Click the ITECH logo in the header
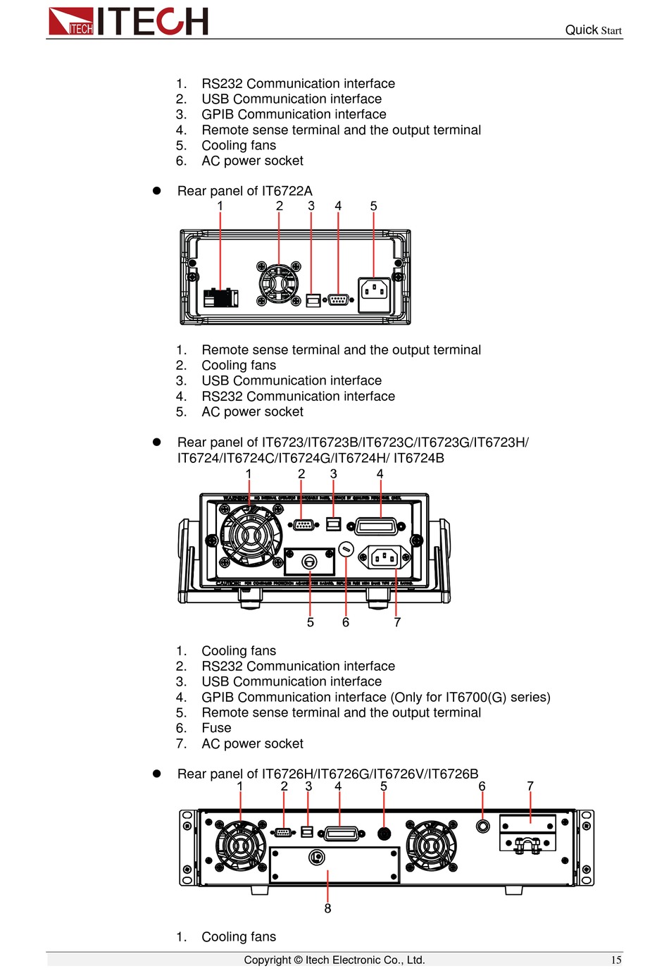click(x=128, y=21)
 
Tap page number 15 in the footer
click(x=616, y=960)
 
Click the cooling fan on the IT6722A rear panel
click(x=278, y=284)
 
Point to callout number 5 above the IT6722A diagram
click(x=373, y=206)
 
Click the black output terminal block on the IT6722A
click(x=220, y=298)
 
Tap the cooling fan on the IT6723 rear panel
click(x=250, y=536)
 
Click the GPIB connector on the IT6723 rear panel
click(x=380, y=526)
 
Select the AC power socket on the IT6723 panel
click(x=384, y=558)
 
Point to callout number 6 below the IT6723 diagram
click(x=346, y=623)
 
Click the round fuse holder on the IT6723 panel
click(x=346, y=549)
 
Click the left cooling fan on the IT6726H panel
click(x=241, y=846)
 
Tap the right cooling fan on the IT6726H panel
click(x=431, y=846)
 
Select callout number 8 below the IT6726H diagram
click(x=327, y=909)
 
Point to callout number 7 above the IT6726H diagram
click(x=530, y=786)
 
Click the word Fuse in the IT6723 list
click(x=216, y=729)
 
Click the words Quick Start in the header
click(x=593, y=30)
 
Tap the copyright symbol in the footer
click(x=298, y=960)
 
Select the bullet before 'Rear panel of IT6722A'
click(x=157, y=191)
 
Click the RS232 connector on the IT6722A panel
click(x=338, y=299)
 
